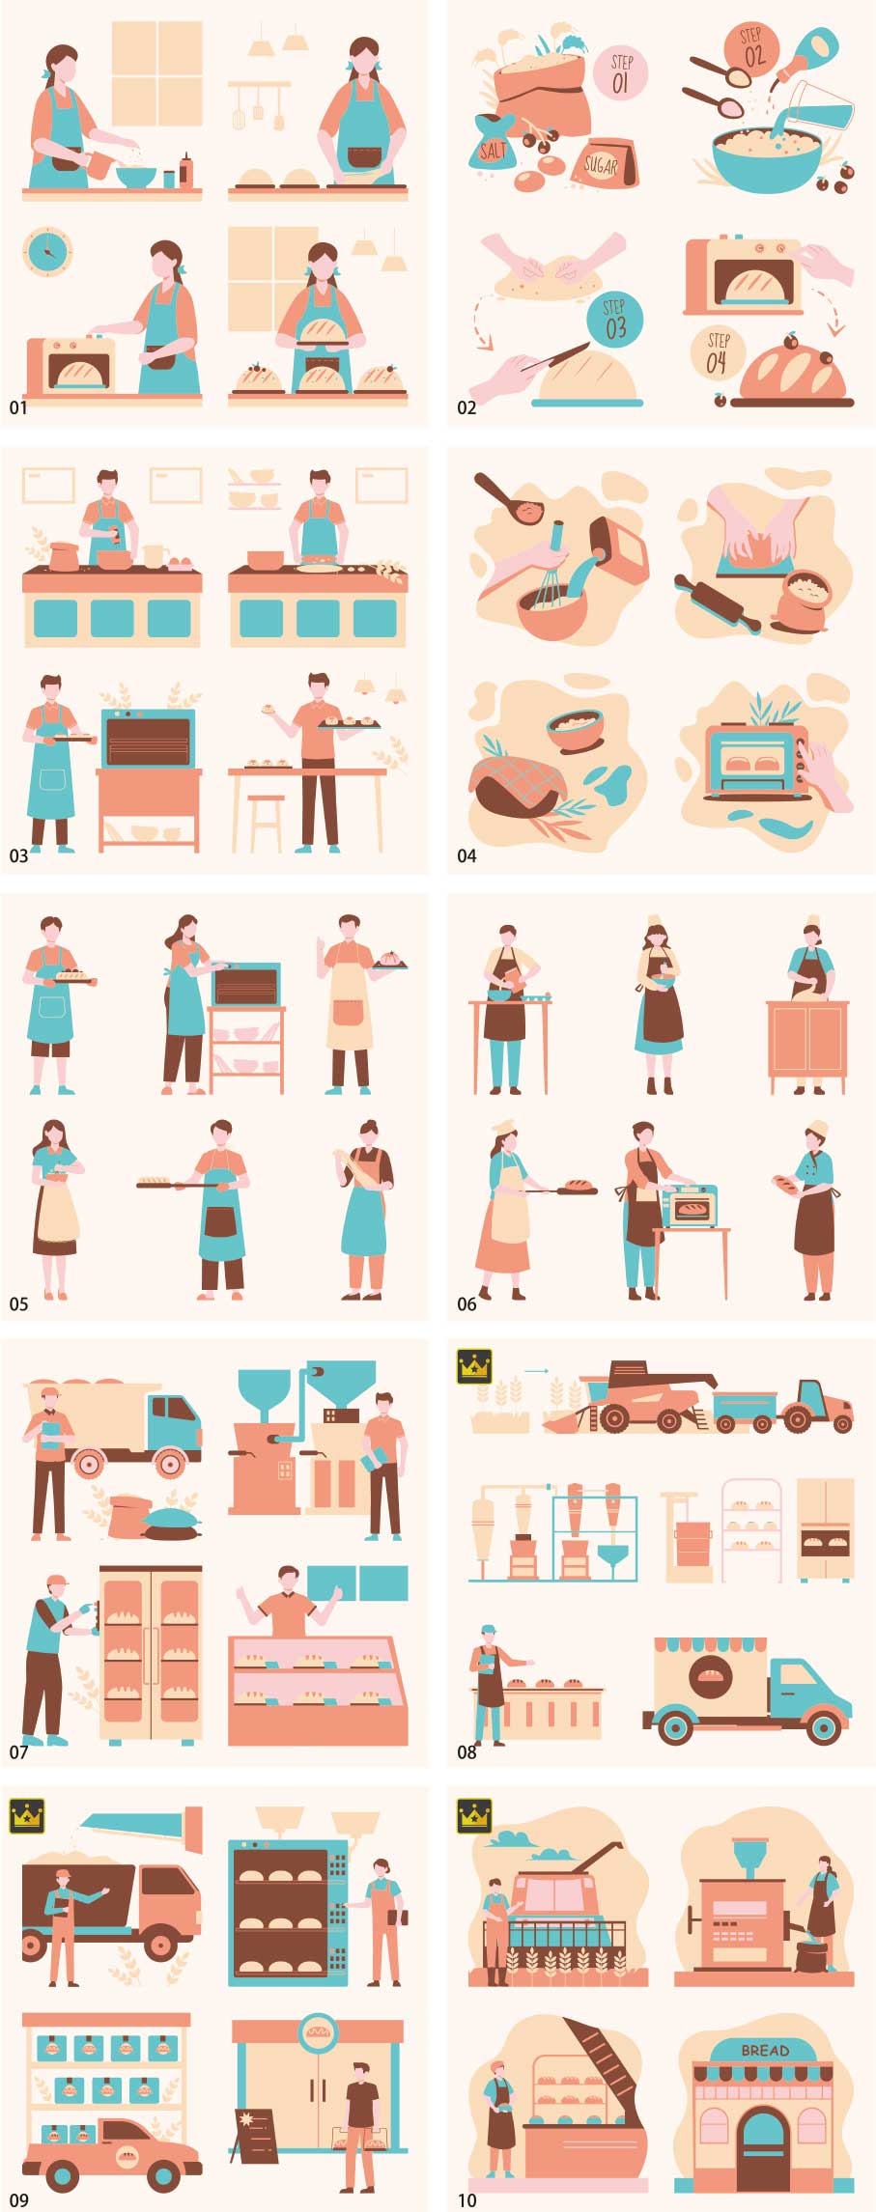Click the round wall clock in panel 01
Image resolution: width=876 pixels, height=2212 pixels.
(x=46, y=252)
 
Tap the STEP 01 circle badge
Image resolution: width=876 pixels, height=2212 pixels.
(x=620, y=73)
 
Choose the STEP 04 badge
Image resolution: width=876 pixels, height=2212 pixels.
(x=718, y=354)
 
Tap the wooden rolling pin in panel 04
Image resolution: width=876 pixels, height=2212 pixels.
(x=718, y=604)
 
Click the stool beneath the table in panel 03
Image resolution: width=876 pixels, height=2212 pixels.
(x=266, y=823)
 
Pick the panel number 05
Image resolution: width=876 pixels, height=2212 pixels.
(x=19, y=1303)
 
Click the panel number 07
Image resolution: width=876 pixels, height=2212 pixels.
(x=19, y=1751)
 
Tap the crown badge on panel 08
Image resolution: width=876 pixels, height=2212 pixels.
(x=474, y=1366)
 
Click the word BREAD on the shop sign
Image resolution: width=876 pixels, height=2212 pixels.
(x=765, y=2050)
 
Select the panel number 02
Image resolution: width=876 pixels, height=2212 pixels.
(x=466, y=407)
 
